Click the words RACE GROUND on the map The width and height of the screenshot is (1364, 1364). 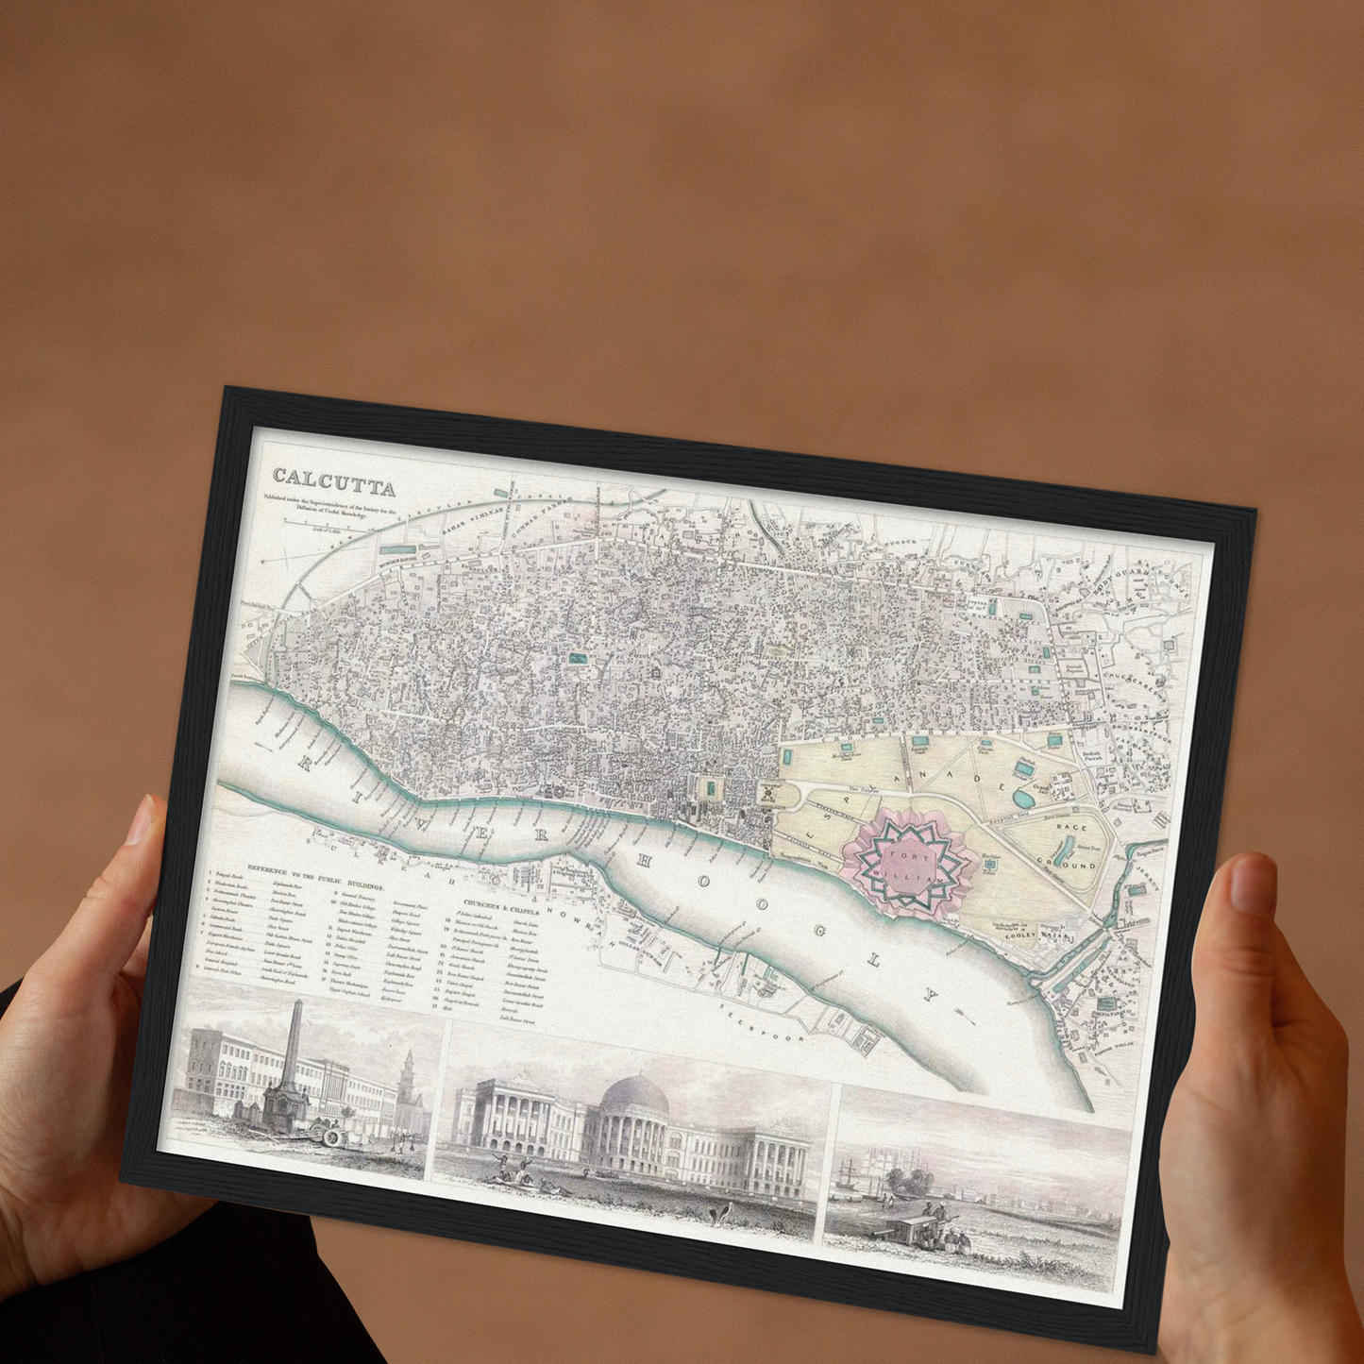(1070, 846)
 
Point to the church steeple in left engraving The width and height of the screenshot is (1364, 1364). (407, 1072)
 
